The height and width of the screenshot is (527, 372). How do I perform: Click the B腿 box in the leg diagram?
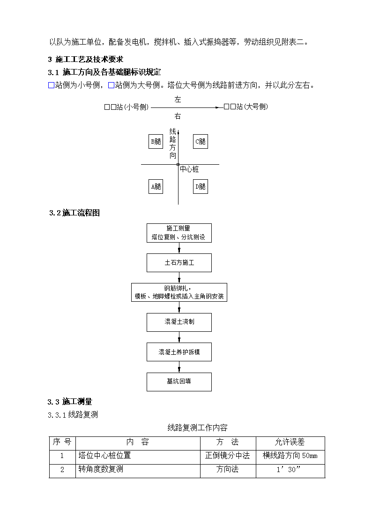coord(156,142)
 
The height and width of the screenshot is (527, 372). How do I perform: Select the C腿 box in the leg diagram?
coord(201,142)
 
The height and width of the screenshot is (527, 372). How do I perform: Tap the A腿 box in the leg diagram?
coord(156,186)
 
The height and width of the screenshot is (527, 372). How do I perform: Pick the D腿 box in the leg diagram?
coord(201,186)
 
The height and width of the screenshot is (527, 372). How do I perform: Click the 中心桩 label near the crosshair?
coord(190,169)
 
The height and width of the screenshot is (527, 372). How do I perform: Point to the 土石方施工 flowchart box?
coord(179,263)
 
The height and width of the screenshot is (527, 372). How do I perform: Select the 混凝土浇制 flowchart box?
coord(179,322)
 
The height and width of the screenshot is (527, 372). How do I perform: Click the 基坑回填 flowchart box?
coord(179,382)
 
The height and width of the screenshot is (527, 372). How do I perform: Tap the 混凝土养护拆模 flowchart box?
coord(179,352)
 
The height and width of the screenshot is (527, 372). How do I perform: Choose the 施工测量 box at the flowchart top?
coord(179,233)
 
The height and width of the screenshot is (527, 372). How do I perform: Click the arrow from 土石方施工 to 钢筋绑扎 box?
coord(179,278)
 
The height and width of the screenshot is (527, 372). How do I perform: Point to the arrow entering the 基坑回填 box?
coord(179,367)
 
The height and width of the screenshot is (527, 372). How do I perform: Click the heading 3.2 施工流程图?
coord(74,213)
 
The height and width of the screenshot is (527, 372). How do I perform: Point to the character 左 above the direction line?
coord(178,99)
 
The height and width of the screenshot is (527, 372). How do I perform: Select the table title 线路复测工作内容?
coord(198,428)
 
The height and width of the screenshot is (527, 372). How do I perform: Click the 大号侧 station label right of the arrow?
coord(246,107)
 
